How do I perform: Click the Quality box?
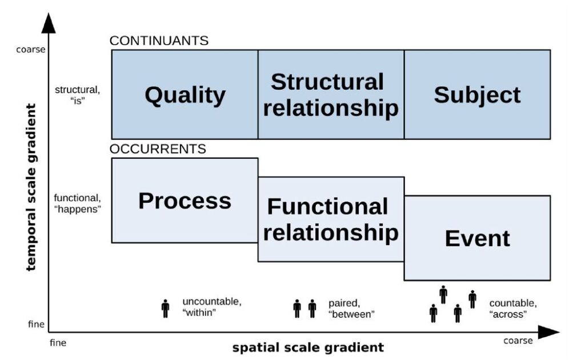click(x=185, y=94)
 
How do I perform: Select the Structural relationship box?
click(x=331, y=94)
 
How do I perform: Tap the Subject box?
click(x=477, y=94)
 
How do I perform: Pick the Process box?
click(x=185, y=201)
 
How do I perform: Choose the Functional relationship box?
click(x=331, y=219)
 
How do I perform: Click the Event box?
click(x=477, y=238)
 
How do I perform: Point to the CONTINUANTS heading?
click(x=159, y=41)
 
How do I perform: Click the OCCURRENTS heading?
click(x=158, y=149)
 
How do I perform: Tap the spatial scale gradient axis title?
click(x=308, y=347)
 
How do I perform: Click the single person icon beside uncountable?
click(x=166, y=309)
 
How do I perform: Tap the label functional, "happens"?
click(x=77, y=203)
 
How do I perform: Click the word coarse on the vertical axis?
click(x=32, y=50)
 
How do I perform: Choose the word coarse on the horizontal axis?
click(x=518, y=341)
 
